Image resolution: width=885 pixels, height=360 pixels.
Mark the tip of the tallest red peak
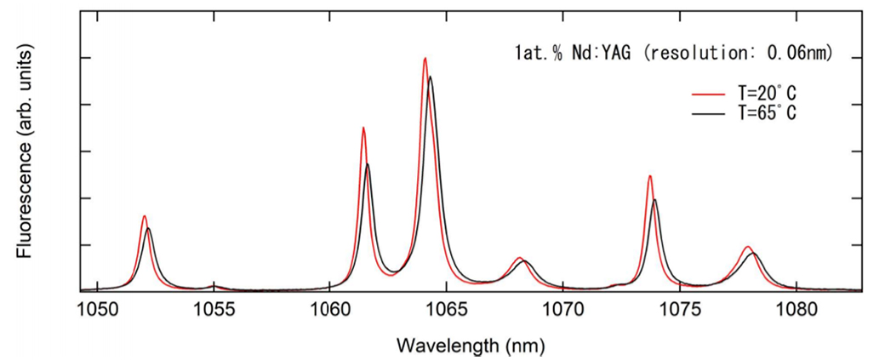[x=425, y=58]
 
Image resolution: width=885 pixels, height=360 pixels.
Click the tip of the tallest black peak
[x=431, y=77]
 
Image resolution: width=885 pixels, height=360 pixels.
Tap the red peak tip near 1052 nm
[x=145, y=216]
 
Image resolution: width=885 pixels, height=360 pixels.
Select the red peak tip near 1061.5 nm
[x=363, y=128]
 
